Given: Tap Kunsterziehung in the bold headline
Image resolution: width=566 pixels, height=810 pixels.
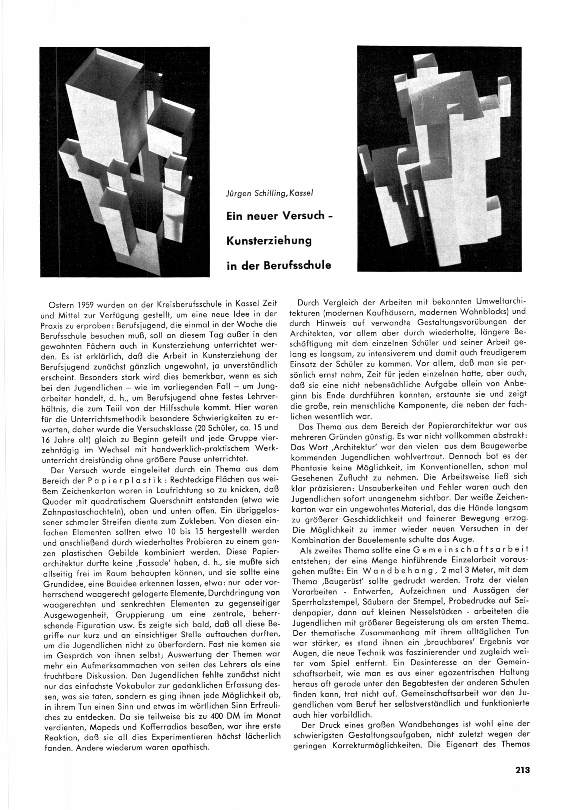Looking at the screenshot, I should [269, 241].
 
